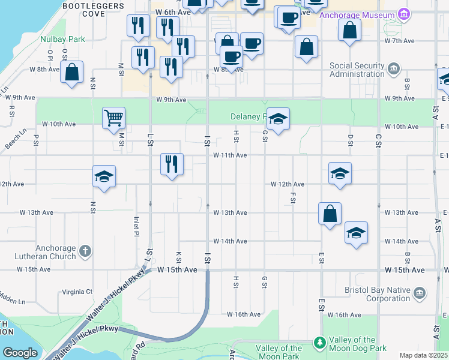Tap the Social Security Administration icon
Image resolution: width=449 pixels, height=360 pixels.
394,70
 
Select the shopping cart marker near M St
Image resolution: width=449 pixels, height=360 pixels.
113,118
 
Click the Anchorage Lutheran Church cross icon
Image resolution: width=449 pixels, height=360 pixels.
85,251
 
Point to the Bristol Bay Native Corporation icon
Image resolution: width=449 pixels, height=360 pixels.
420,293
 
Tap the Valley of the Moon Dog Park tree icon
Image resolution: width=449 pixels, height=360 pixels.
320,343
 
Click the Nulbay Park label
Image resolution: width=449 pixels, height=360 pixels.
62,39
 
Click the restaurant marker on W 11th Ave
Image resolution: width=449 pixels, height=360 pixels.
172,164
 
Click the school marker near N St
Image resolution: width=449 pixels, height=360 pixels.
104,176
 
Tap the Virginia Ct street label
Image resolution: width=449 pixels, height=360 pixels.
77,292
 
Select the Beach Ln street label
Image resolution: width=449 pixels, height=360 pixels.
16,138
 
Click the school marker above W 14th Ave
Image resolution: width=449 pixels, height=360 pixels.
356,233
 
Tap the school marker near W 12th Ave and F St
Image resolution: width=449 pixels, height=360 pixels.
340,173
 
